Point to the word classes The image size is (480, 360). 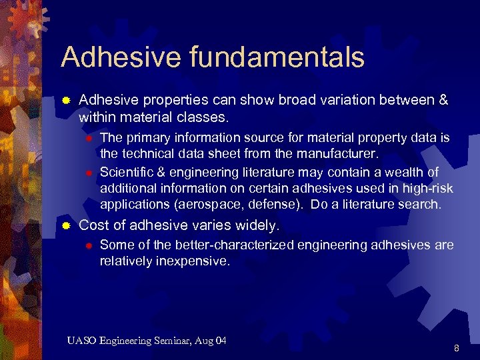tap(205, 117)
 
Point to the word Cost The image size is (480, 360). tap(93, 225)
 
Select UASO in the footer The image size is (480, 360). tap(82, 341)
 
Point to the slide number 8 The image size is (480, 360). tap(456, 348)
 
